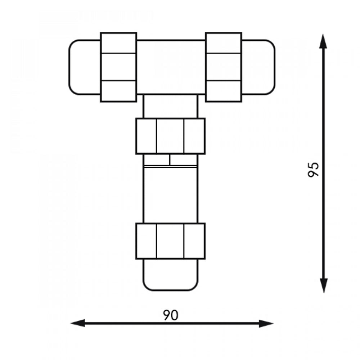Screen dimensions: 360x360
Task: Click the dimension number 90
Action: [x=170, y=315]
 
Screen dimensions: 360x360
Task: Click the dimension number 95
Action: [x=314, y=169]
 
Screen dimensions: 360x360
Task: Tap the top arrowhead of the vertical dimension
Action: [x=324, y=41]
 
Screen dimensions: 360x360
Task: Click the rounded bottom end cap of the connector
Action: [x=170, y=275]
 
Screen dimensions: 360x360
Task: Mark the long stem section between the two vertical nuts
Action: [x=170, y=194]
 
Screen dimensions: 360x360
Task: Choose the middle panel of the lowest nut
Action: [x=170, y=241]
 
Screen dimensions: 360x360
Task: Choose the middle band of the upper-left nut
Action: [x=118, y=67]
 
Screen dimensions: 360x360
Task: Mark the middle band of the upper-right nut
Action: [x=224, y=67]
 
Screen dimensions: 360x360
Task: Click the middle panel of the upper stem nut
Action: [x=170, y=136]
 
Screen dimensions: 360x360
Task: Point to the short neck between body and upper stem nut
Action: [x=170, y=106]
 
